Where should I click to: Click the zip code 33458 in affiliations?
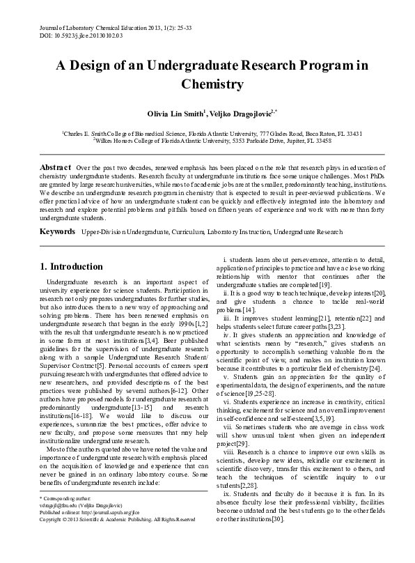[x=319, y=140]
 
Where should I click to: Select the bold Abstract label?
[x=55, y=169]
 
